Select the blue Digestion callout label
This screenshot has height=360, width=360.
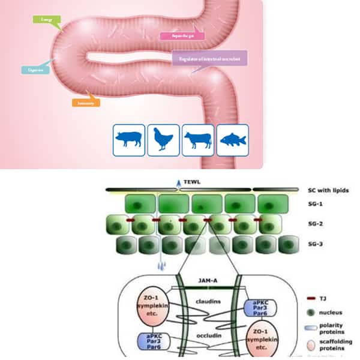[35, 70]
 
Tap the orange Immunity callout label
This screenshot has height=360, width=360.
[86, 103]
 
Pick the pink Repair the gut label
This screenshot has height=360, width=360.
[182, 35]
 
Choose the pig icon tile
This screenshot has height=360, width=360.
[129, 140]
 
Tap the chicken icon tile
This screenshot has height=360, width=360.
[163, 140]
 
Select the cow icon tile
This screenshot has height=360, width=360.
[198, 140]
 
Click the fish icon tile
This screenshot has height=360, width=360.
[232, 140]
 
